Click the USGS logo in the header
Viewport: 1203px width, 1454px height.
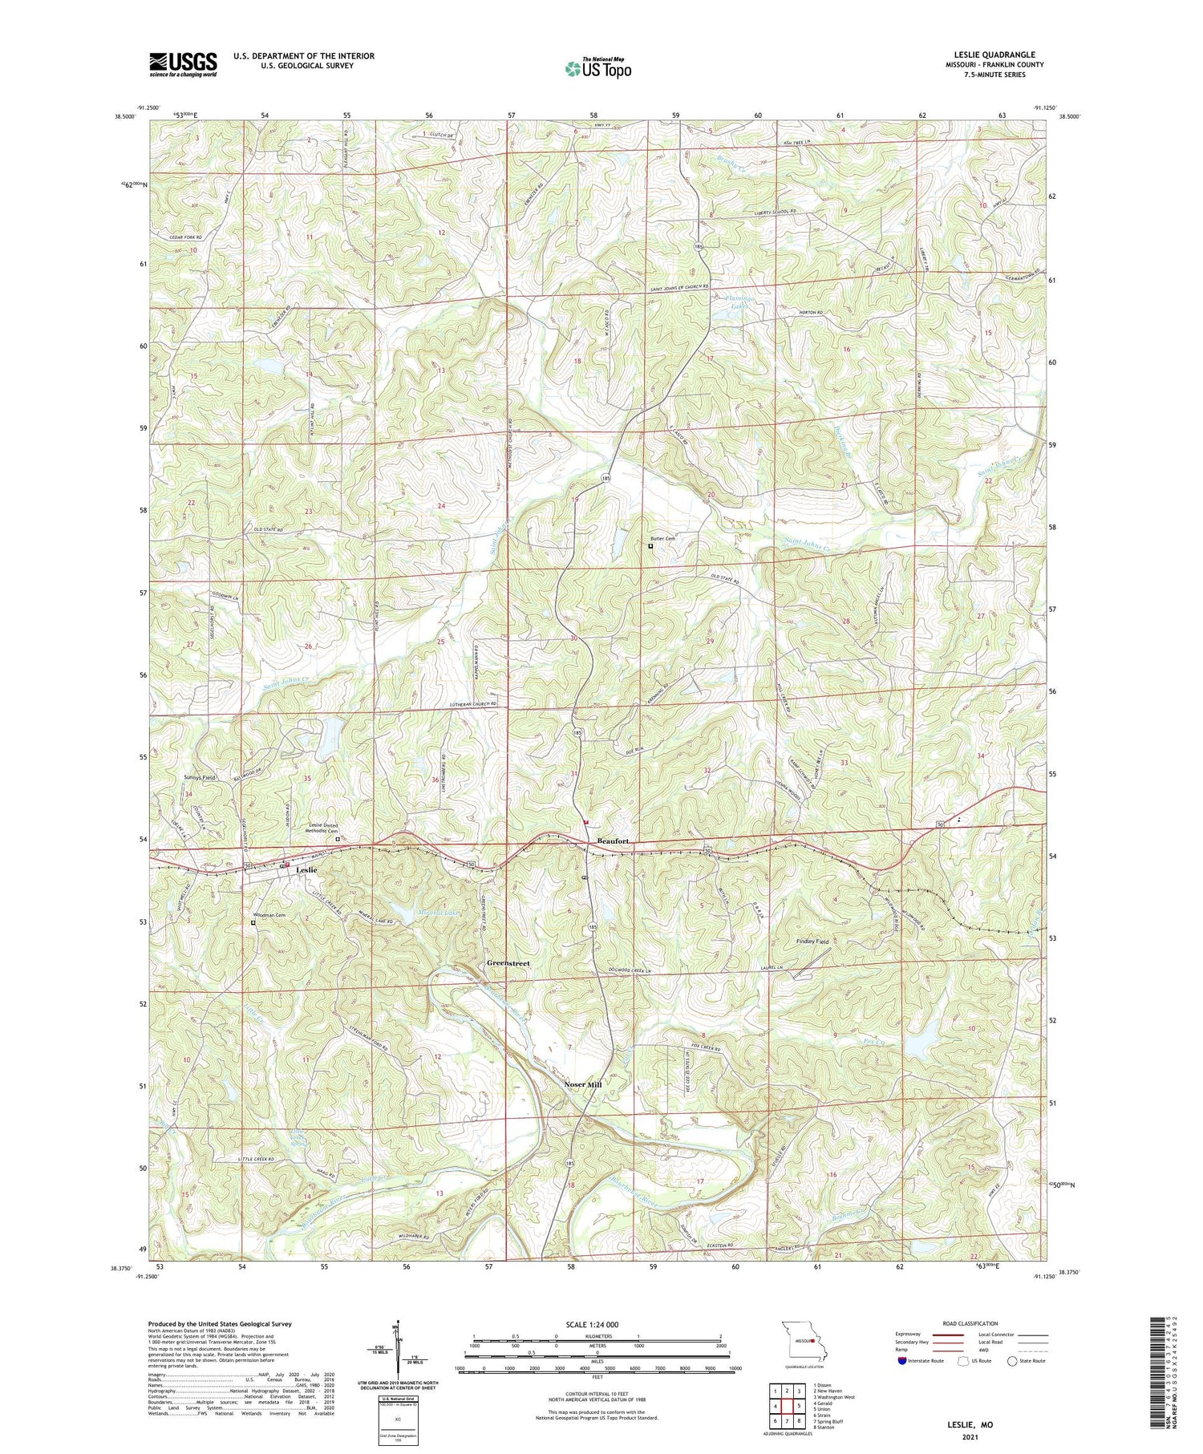coord(183,63)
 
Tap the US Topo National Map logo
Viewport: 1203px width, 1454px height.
coord(598,68)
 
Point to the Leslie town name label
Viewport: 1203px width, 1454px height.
coord(306,870)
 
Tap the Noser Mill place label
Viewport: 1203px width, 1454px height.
coord(582,1083)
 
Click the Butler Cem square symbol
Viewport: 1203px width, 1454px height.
coord(650,546)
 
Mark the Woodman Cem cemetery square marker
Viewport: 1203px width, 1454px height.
coord(253,922)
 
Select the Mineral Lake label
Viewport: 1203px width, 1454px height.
coord(438,912)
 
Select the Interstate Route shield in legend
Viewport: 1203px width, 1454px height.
coord(903,1360)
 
